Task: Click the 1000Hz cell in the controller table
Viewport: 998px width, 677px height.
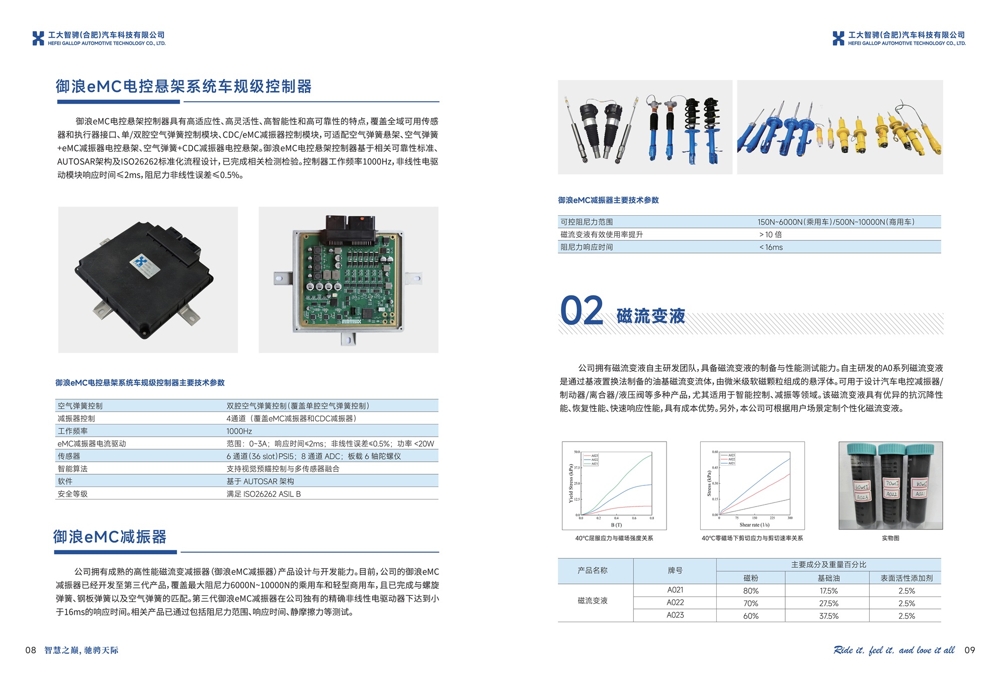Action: click(x=239, y=431)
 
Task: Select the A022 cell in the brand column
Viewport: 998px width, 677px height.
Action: click(x=675, y=603)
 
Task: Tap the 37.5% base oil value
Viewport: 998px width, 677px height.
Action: click(x=828, y=616)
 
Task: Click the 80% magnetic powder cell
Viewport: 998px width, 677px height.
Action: click(x=751, y=590)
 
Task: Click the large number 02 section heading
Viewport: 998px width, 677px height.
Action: click(x=581, y=311)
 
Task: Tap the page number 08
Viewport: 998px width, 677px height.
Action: click(x=31, y=650)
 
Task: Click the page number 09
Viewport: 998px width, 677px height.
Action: click(x=969, y=650)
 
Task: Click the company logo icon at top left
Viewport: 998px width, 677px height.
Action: click(x=38, y=38)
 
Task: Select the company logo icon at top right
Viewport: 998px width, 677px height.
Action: click(x=839, y=38)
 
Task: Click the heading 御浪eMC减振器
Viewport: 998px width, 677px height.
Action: click(x=110, y=537)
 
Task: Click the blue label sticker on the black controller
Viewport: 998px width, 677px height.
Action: click(x=145, y=265)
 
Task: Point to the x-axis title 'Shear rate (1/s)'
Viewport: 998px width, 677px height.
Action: click(x=754, y=525)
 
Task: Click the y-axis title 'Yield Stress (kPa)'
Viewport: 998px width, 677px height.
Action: click(x=570, y=483)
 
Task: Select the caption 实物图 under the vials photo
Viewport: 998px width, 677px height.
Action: click(x=890, y=538)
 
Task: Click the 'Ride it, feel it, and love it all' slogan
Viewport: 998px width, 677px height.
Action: click(x=894, y=650)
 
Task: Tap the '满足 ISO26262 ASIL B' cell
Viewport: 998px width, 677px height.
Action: click(x=264, y=494)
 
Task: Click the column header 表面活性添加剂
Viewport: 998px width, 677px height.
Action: click(x=906, y=578)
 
